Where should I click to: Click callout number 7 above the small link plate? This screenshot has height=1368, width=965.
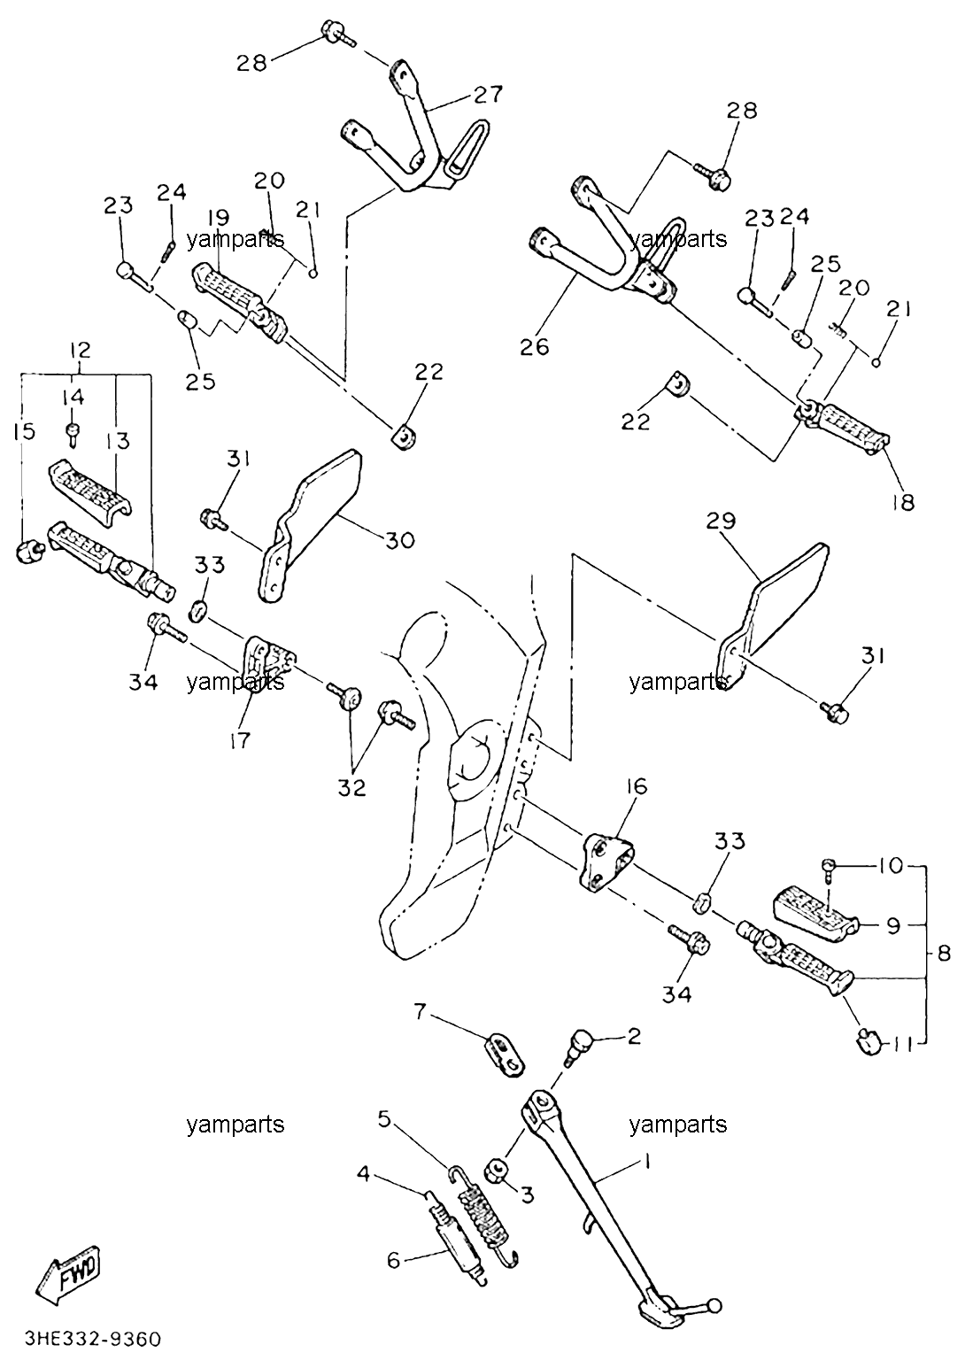pyautogui.click(x=420, y=1012)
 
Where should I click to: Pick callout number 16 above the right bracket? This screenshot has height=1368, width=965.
pyautogui.click(x=637, y=786)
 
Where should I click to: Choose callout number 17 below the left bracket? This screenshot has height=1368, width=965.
pyautogui.click(x=240, y=740)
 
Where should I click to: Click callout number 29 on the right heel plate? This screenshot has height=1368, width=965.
pyautogui.click(x=722, y=521)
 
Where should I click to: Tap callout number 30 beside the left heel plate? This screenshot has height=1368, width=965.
pyautogui.click(x=400, y=540)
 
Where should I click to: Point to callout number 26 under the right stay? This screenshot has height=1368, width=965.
pyautogui.click(x=535, y=347)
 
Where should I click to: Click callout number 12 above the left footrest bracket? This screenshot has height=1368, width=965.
pyautogui.click(x=80, y=350)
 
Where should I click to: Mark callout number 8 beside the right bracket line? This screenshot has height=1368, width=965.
pyautogui.click(x=944, y=954)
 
